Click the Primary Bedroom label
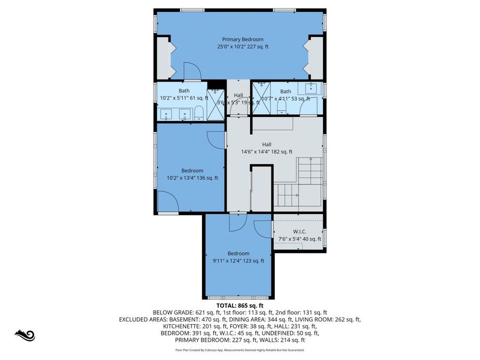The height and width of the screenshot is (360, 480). [x=243, y=39]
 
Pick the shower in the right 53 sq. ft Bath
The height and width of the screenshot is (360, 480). [x=261, y=99]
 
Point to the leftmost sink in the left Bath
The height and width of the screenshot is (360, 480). [x=165, y=113]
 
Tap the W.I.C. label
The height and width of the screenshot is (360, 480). [x=299, y=231]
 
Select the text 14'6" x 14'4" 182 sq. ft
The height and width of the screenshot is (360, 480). [x=267, y=152]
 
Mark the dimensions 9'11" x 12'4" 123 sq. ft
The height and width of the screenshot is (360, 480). [x=238, y=261]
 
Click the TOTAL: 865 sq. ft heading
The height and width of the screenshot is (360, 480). [x=240, y=306]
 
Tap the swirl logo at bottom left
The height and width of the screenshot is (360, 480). [x=25, y=335]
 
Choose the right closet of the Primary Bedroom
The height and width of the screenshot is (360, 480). [x=315, y=59]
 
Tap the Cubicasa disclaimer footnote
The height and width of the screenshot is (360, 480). [x=240, y=350]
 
